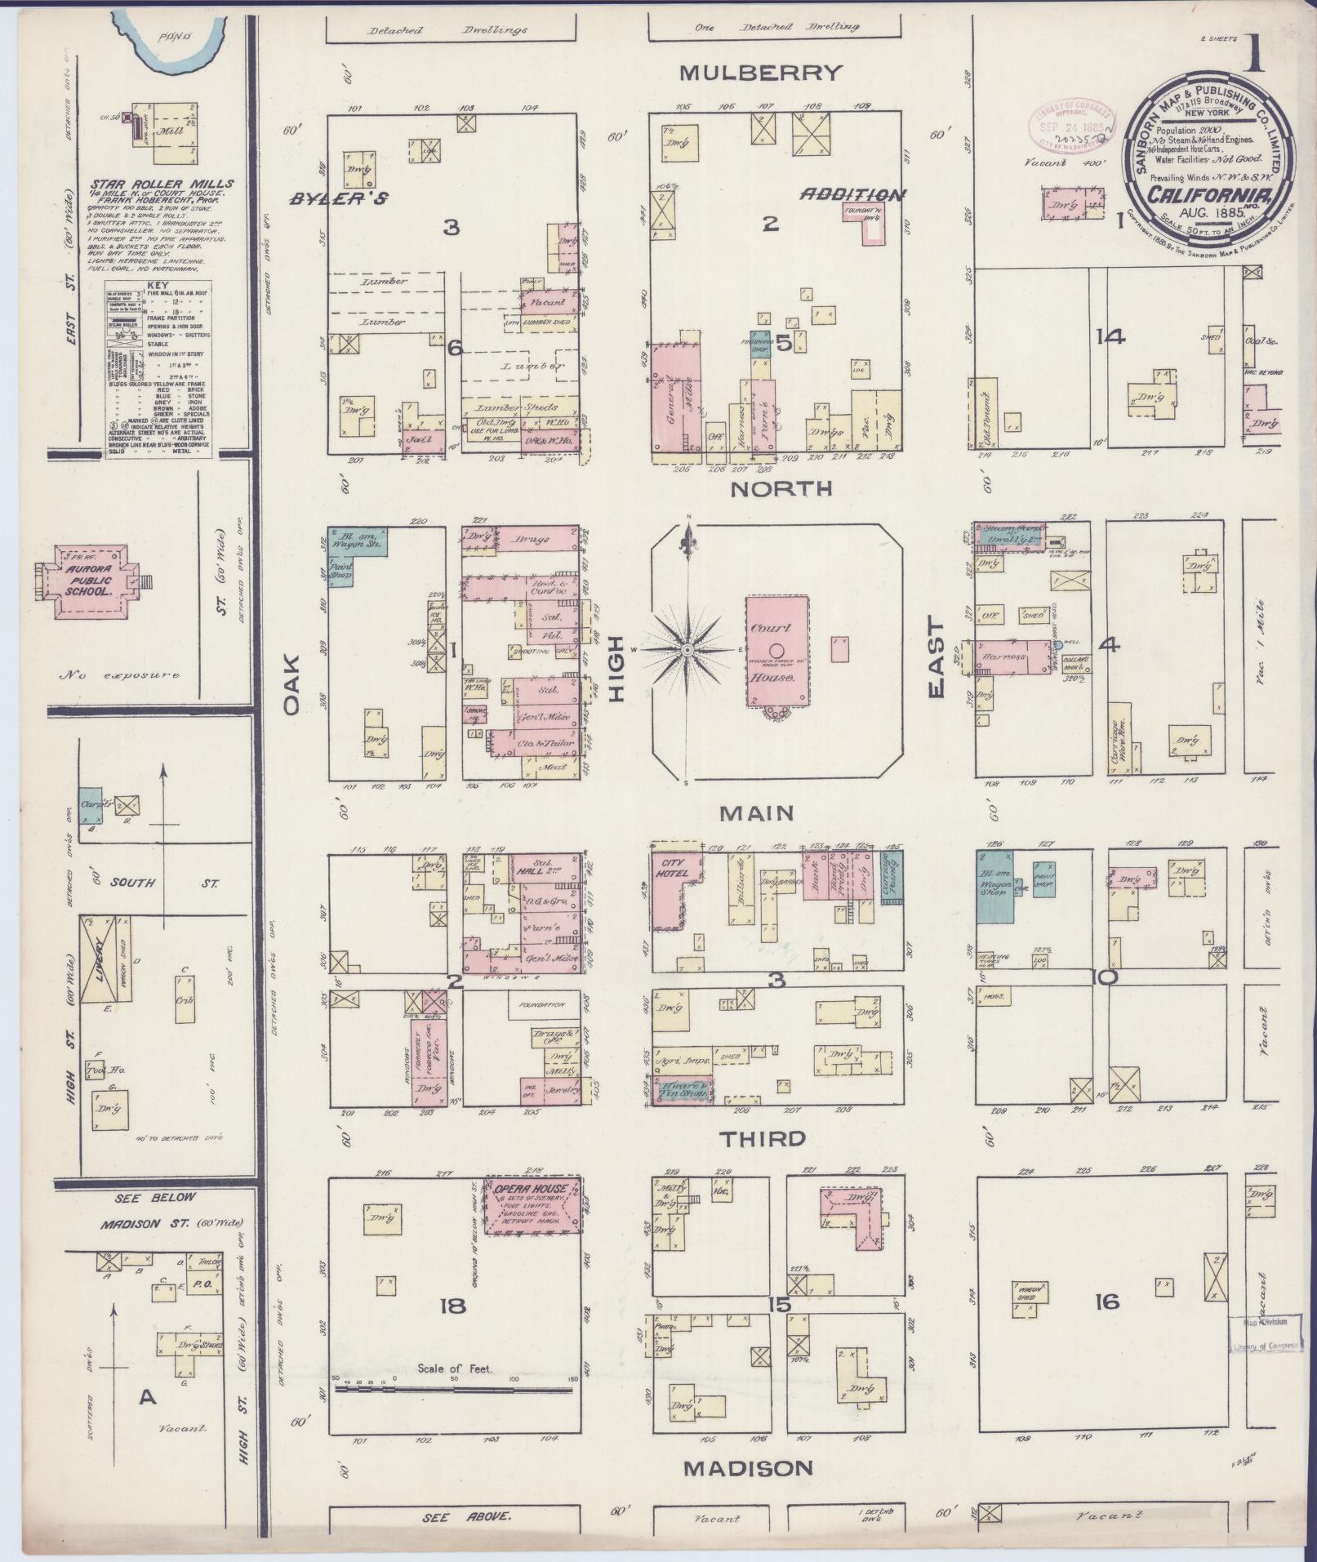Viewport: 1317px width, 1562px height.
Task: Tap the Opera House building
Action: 532,1206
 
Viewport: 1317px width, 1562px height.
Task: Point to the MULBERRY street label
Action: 760,73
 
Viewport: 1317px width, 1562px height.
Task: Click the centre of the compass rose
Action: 687,649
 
